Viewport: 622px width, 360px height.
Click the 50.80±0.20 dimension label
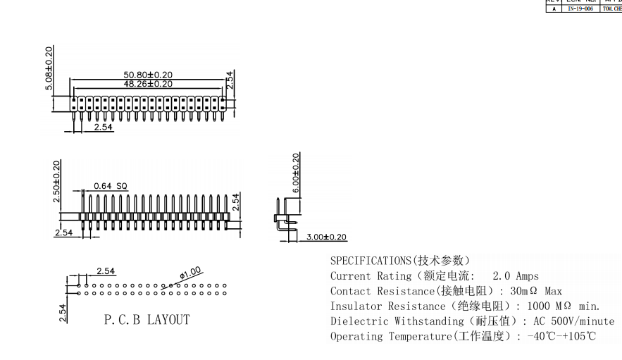[x=148, y=74]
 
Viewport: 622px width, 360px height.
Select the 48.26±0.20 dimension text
[x=148, y=83]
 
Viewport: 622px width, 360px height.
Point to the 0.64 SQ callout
[x=111, y=186]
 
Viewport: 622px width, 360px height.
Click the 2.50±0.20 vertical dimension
[x=57, y=180]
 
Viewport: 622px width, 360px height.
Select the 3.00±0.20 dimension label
[x=326, y=237]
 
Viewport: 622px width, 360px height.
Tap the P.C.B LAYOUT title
[x=147, y=320]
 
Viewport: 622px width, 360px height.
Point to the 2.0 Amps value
[x=516, y=276]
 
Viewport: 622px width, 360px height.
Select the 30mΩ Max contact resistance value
[x=535, y=291]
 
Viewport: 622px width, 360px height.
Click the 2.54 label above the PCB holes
[x=106, y=271]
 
